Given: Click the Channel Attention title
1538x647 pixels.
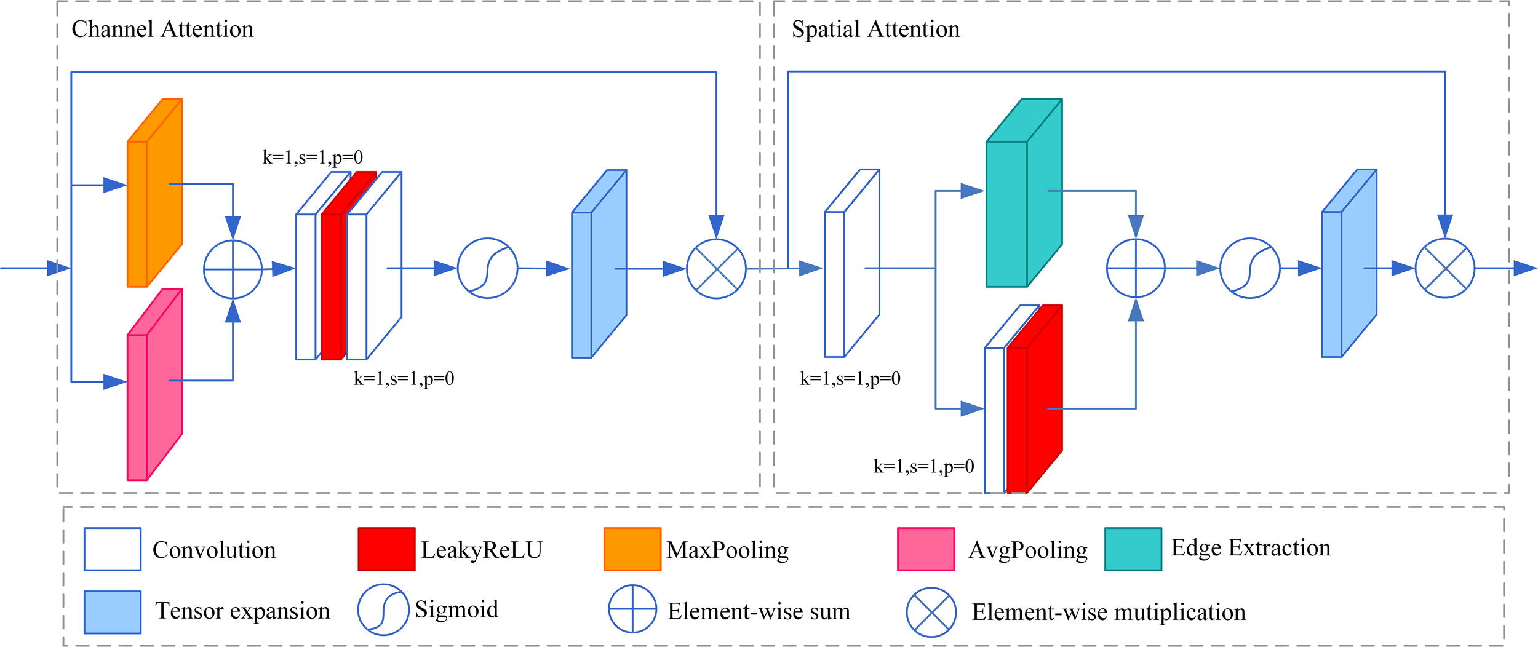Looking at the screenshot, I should [162, 29].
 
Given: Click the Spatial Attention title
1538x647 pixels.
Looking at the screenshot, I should [875, 29].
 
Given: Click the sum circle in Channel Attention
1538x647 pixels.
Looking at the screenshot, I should [233, 269].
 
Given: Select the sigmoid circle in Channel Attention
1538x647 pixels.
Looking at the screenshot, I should [487, 268].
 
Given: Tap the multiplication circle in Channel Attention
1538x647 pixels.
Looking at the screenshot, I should [716, 269].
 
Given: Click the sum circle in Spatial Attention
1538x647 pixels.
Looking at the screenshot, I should [1136, 268].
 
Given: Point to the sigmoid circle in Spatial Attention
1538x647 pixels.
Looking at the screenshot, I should [1250, 268].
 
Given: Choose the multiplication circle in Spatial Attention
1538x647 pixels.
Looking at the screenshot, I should [1445, 268].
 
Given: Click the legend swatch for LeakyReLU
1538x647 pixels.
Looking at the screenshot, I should [386, 549].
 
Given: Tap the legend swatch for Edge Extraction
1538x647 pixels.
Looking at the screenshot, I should [1133, 549].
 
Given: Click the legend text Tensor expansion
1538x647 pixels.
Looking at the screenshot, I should [242, 611].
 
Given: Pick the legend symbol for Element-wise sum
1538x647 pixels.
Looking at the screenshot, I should [632, 609].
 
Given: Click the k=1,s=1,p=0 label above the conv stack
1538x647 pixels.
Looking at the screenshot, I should [313, 157].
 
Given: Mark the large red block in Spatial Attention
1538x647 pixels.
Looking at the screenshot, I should [1035, 406].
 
